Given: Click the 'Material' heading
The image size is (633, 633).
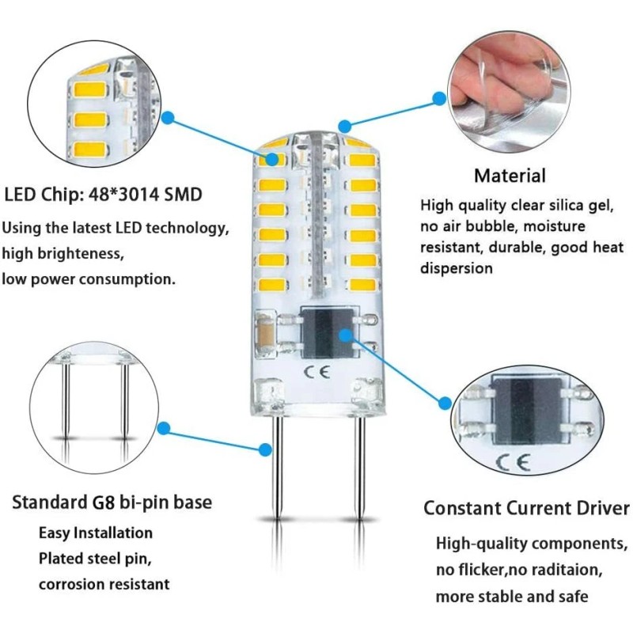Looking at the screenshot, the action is (510, 176).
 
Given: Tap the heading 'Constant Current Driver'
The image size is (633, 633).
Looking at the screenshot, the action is (526, 507).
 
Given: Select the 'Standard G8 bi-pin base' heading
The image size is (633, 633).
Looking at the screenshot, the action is (112, 502).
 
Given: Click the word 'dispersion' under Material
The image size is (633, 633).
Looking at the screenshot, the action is (457, 268).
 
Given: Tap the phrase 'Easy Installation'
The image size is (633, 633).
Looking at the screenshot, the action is (96, 533).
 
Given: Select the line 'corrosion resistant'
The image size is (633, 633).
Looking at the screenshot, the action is (104, 584).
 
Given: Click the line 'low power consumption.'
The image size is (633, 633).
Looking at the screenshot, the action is (89, 279).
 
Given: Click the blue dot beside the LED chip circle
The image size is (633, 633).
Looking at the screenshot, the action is (168, 118).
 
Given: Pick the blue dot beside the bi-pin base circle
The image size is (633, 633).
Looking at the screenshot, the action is (165, 428).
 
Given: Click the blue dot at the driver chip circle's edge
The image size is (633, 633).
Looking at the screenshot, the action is (442, 400).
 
